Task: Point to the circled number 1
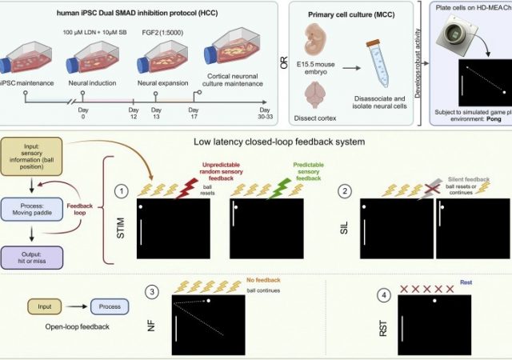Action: [121, 191]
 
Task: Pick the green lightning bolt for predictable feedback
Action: [281, 187]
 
